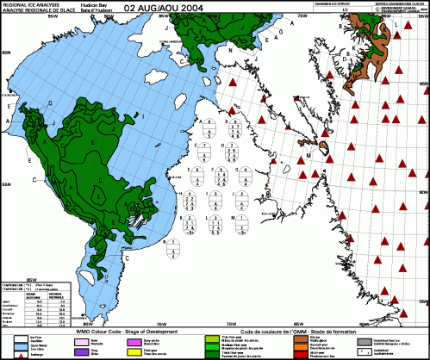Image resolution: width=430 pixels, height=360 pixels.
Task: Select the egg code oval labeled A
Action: [x=207, y=130]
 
